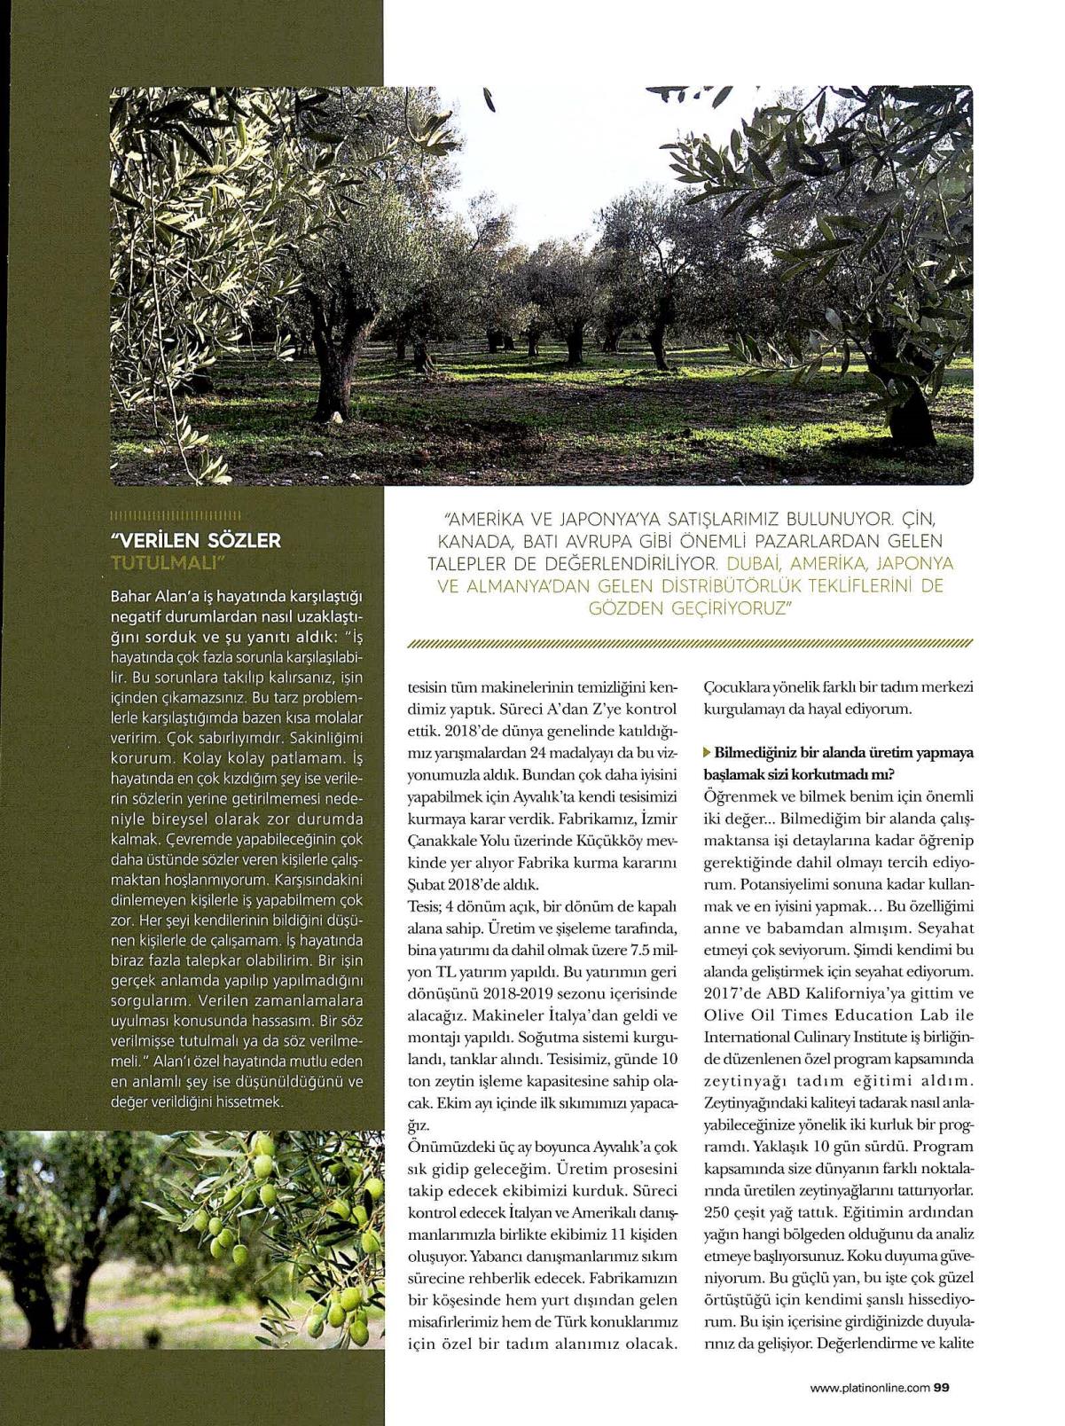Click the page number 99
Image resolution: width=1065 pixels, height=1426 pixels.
click(942, 1389)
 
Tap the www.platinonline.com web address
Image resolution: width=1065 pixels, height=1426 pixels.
click(870, 1389)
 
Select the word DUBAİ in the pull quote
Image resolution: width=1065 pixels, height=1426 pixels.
click(752, 564)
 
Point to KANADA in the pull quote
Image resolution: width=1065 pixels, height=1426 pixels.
click(470, 541)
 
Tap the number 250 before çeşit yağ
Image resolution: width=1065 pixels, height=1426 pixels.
click(719, 1212)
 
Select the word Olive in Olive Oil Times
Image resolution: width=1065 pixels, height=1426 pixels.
click(724, 1015)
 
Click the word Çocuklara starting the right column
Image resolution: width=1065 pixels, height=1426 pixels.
click(733, 688)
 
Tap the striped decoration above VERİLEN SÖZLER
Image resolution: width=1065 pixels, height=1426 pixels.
click(175, 516)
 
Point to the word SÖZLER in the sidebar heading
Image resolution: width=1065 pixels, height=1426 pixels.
click(240, 540)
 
